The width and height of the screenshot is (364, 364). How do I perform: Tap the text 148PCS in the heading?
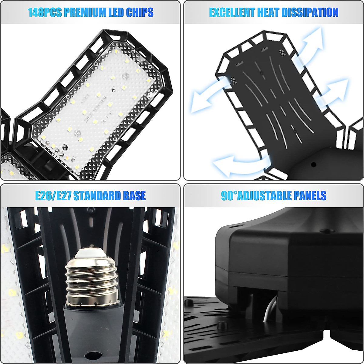[x=45, y=12]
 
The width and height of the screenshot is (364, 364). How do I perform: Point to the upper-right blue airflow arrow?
[x=312, y=42]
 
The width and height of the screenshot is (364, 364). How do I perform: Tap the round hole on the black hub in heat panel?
[x=313, y=164]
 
